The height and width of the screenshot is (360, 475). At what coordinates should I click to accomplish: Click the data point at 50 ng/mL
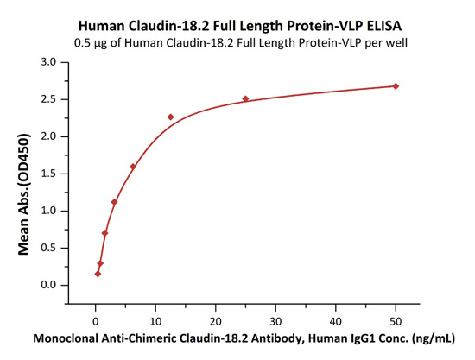point(396,86)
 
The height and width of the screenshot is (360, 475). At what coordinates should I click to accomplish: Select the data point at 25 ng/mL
point(245,98)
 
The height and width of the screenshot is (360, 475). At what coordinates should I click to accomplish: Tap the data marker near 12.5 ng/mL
point(170,117)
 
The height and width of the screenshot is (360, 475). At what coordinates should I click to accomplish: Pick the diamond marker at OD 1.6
point(133,167)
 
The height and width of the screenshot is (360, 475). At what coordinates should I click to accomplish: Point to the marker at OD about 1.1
point(114,202)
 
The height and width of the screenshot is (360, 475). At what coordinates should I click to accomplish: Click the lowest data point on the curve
point(98,274)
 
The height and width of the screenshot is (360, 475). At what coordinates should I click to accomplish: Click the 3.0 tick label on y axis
point(48,62)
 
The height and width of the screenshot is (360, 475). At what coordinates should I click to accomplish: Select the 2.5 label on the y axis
point(48,99)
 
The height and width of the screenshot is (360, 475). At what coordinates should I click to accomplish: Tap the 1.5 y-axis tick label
point(48,174)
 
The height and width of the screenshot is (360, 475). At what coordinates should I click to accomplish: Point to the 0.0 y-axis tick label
point(48,285)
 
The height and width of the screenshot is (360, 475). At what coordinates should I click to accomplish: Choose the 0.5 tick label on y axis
point(48,248)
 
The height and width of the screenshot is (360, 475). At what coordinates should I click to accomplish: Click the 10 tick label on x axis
point(155,321)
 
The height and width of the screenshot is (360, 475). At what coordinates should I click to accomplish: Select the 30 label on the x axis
point(275,321)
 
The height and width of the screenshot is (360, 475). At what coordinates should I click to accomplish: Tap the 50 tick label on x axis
point(396,321)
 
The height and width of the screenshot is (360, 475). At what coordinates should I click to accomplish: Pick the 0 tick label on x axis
point(95,321)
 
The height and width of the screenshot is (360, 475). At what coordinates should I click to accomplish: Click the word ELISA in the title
point(384,26)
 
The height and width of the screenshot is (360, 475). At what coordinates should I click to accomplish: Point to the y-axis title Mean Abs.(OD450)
point(24,193)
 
